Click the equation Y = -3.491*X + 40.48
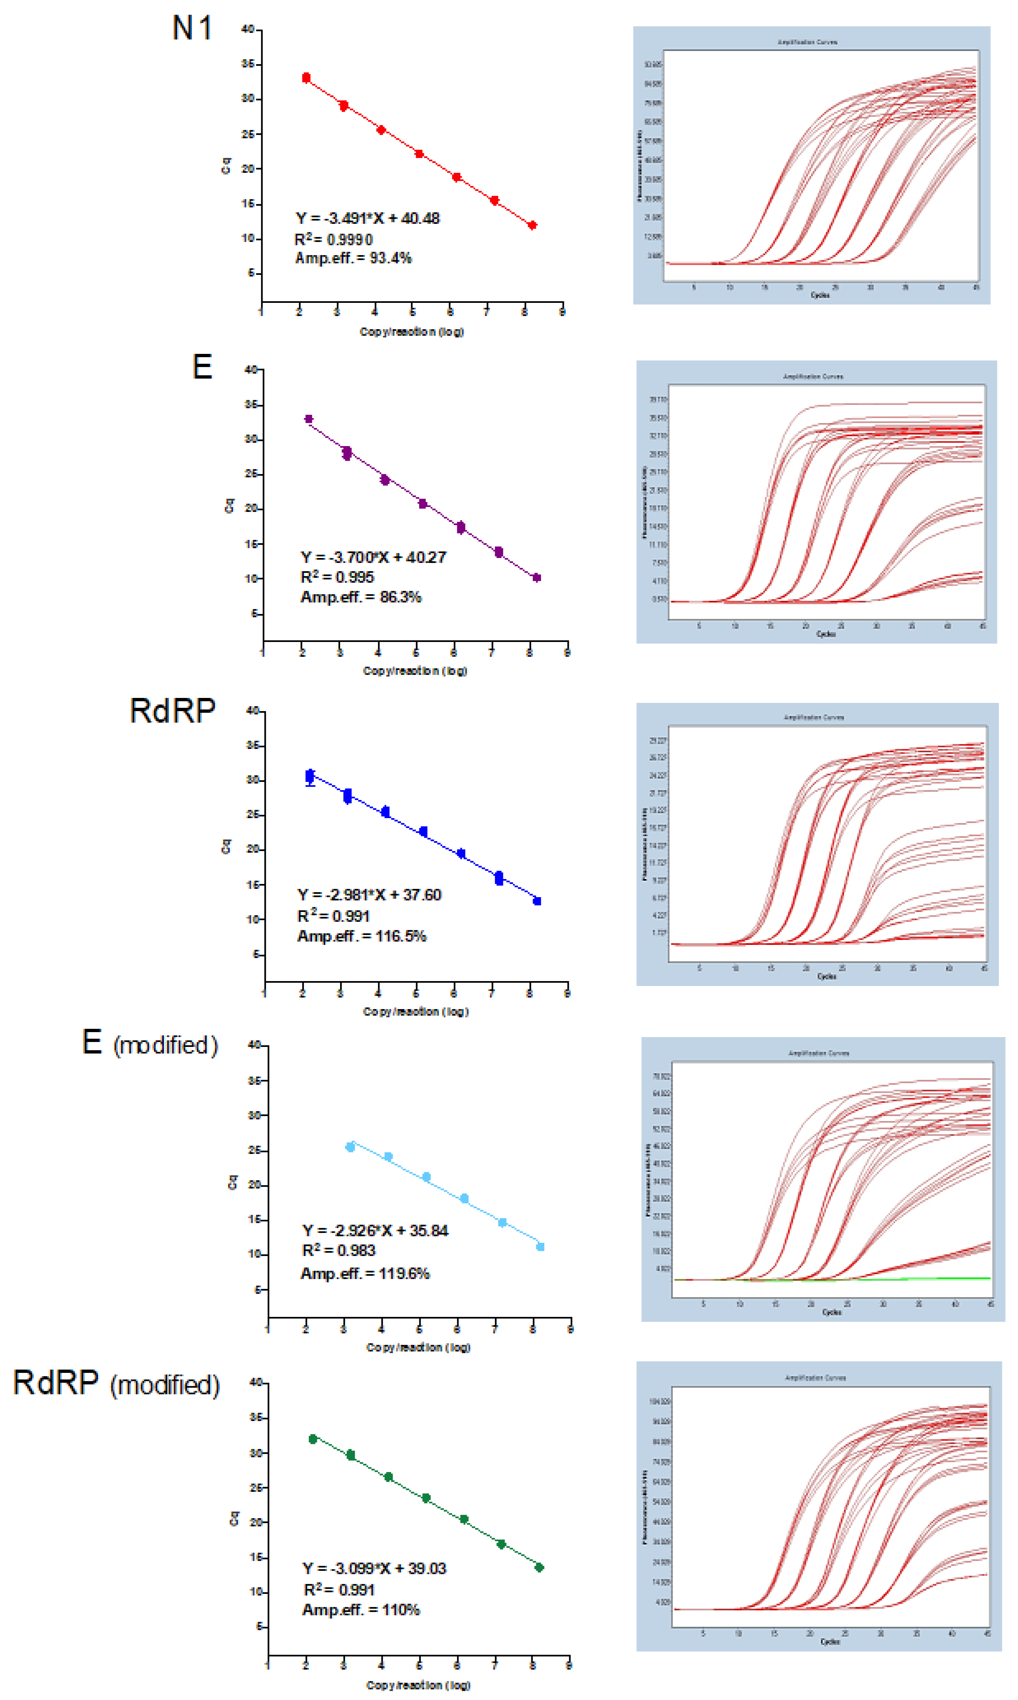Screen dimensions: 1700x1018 click(367, 218)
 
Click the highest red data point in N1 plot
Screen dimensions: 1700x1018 click(306, 77)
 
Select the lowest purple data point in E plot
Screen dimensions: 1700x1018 click(536, 577)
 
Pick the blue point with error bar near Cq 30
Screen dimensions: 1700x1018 click(310, 776)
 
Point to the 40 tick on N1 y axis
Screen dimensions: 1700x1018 click(248, 30)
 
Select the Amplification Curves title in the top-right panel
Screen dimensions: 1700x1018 click(807, 42)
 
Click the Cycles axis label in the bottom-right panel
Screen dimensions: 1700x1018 click(829, 1641)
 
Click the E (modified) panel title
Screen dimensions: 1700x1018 click(149, 1043)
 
